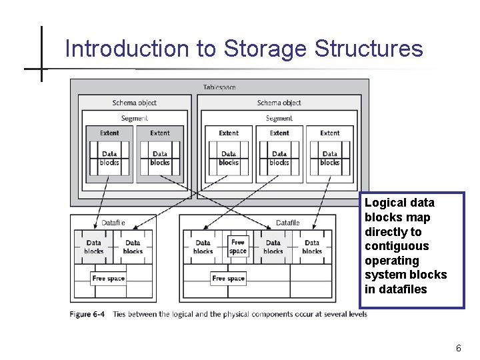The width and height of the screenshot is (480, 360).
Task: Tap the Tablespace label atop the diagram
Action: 219,87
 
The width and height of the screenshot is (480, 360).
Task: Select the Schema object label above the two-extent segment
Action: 135,103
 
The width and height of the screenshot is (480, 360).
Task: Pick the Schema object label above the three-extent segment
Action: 279,103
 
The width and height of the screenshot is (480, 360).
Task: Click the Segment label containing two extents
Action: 135,118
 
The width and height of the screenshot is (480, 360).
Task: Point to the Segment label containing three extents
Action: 279,118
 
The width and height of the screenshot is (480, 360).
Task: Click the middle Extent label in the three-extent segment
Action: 279,133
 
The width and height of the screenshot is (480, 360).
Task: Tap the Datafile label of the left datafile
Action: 113,223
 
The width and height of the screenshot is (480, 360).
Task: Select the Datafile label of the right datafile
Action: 287,223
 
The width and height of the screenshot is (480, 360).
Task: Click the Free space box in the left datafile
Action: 108,278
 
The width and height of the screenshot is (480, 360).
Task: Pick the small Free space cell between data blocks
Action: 238,247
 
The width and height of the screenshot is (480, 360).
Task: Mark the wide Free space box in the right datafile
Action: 228,278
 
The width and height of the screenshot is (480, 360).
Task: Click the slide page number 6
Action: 459,348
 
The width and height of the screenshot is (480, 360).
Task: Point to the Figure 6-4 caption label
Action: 87,314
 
